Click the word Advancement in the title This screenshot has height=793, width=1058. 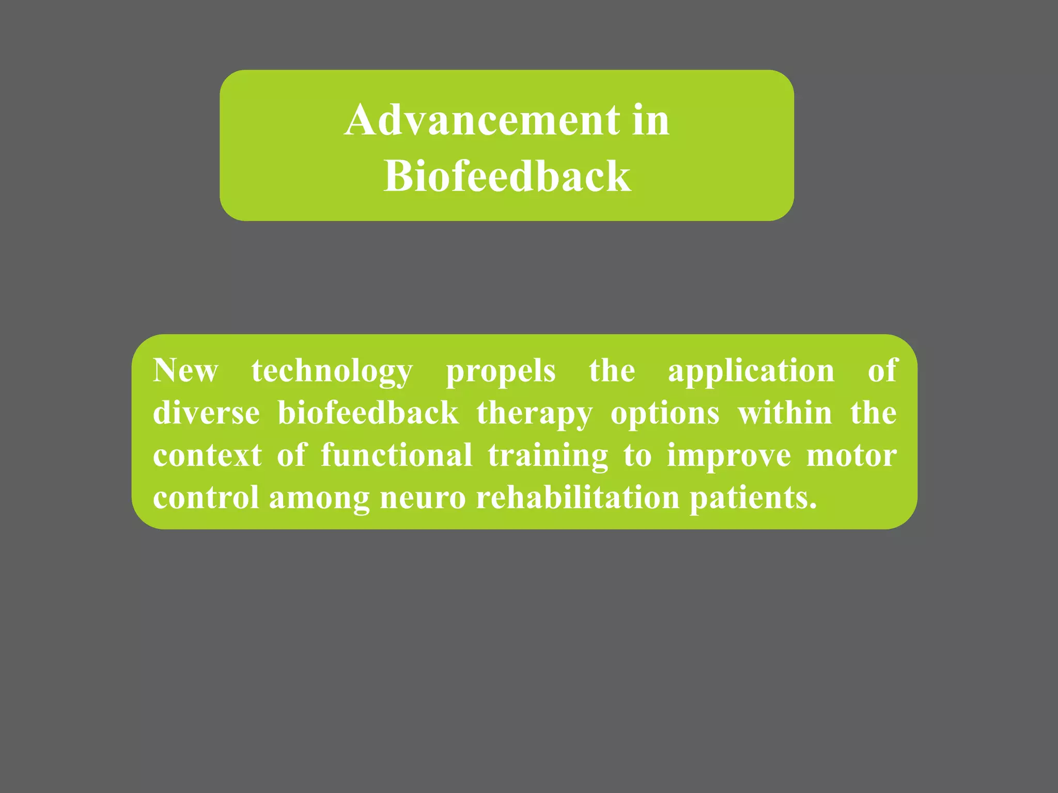coord(481,120)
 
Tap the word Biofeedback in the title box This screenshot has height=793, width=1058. coord(507,176)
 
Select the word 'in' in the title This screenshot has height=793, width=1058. coord(651,120)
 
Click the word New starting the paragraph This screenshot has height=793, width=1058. coord(185,371)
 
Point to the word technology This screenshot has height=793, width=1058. coord(332,372)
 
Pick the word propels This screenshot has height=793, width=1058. coord(501,372)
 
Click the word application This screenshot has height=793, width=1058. coord(751,372)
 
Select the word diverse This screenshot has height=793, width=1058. coord(206,413)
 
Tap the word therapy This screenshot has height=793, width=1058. coord(534,414)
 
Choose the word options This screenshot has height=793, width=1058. coord(665,414)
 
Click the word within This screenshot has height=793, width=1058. coord(785,413)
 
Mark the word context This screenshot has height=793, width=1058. coord(207,455)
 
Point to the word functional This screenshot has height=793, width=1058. coord(396,455)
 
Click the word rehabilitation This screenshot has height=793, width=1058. coord(578,498)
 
